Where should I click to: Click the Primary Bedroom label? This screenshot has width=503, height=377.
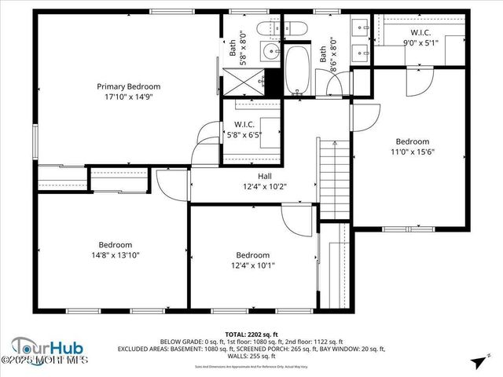(128, 86)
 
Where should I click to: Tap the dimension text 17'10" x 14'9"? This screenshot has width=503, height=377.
(128, 98)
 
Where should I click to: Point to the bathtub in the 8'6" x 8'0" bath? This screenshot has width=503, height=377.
(298, 71)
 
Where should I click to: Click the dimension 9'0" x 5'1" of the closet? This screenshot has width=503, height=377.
(417, 42)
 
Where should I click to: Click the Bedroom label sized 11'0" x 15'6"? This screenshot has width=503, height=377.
(412, 141)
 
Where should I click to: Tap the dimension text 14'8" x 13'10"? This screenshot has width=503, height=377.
(115, 255)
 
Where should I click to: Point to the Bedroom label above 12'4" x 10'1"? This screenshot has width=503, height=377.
(253, 255)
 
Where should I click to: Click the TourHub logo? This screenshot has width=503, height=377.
(47, 348)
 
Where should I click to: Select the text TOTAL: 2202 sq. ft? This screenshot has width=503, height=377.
(251, 334)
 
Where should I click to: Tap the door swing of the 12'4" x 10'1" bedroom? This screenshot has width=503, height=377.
(297, 220)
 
